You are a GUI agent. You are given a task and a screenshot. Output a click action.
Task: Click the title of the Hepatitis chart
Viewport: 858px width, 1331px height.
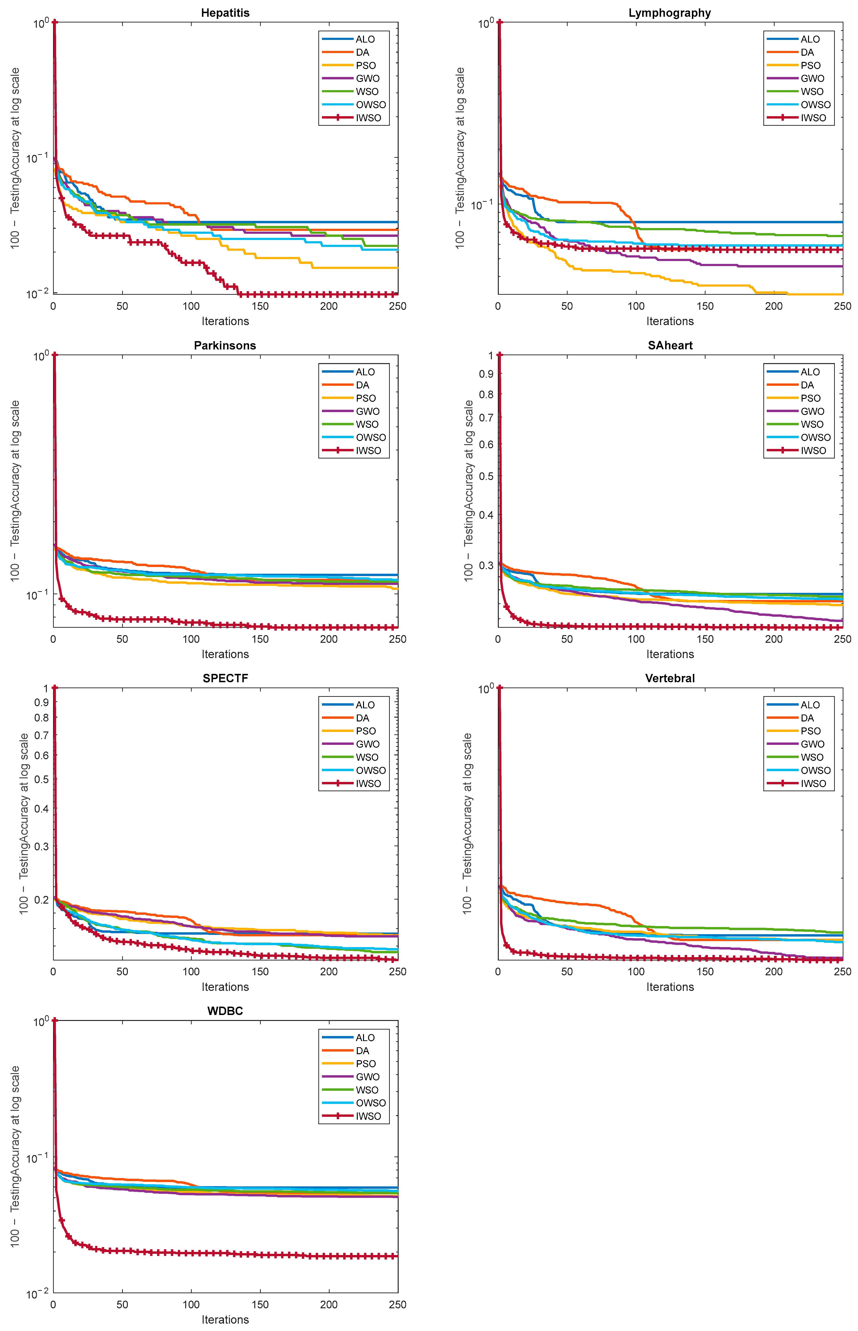tap(225, 13)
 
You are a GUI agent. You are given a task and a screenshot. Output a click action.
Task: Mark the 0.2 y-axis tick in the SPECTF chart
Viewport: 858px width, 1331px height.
tap(42, 899)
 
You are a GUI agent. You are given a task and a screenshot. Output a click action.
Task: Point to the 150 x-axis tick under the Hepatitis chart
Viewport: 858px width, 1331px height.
tap(260, 306)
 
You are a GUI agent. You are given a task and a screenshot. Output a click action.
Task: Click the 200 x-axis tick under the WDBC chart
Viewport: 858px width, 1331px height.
tap(329, 1304)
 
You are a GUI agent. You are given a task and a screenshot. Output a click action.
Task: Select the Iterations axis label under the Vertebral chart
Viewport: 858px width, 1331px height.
tap(670, 987)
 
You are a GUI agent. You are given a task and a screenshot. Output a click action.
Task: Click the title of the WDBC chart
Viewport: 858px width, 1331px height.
tap(225, 1011)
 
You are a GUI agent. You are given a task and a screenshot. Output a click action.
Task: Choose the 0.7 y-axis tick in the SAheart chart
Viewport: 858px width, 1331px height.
tap(486, 417)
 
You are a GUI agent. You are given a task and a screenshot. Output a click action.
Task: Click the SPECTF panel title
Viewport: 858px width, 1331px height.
tap(225, 678)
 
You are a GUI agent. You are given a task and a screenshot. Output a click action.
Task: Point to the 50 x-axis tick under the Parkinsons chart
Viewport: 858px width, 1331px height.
tap(122, 639)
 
